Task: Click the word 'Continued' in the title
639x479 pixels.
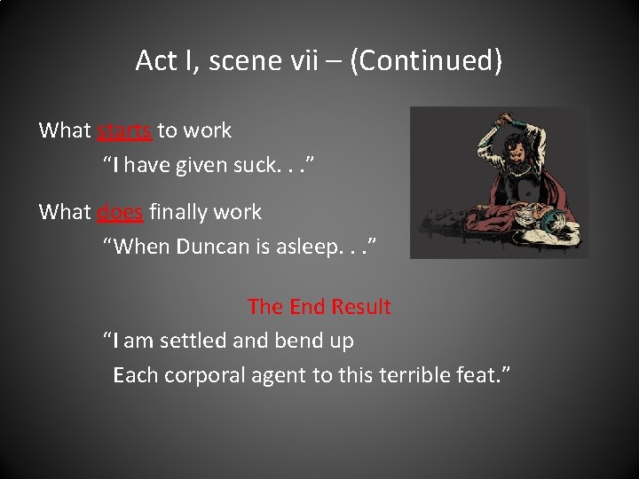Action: [426, 61]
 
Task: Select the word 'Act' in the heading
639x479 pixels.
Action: [156, 61]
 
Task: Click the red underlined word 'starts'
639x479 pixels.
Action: [124, 130]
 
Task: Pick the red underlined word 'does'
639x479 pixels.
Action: [120, 212]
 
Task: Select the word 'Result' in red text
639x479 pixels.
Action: [361, 307]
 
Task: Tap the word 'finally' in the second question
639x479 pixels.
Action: [180, 212]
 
